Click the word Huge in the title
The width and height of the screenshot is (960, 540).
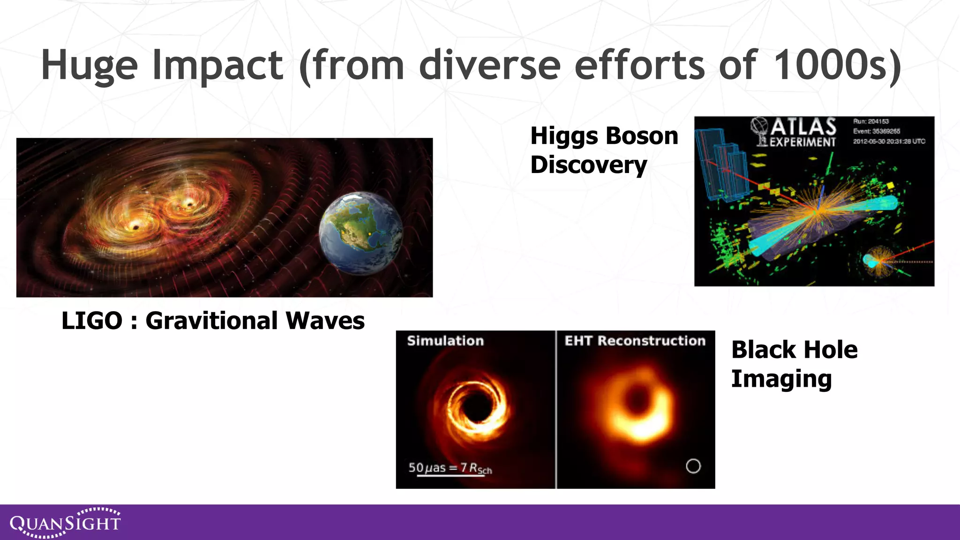(x=89, y=66)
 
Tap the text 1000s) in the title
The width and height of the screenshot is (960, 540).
(x=837, y=66)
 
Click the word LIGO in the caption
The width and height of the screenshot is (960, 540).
(x=92, y=321)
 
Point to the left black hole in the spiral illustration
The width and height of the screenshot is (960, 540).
(x=136, y=227)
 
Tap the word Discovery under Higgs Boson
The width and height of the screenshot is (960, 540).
(x=588, y=165)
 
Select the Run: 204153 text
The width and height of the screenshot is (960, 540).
(x=870, y=121)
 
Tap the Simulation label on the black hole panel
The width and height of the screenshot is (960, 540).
(x=445, y=341)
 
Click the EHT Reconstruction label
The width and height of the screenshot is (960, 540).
(x=635, y=341)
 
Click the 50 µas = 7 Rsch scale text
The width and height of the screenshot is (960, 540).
(x=450, y=468)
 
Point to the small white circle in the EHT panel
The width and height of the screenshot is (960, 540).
(x=693, y=466)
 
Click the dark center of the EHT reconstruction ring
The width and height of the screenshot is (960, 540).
(x=638, y=400)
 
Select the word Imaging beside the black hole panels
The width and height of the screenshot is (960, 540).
(x=781, y=379)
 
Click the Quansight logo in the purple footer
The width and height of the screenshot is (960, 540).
(x=65, y=522)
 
